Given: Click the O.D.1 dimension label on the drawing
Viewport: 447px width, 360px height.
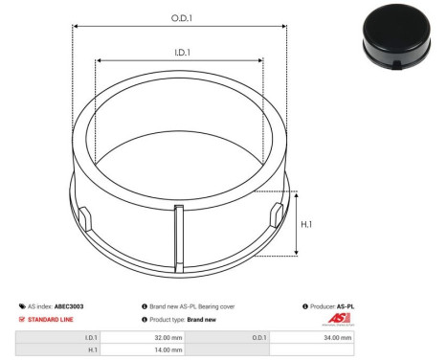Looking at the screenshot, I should coord(179,18).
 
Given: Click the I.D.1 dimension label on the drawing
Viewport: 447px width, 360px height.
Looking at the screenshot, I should coord(179,54).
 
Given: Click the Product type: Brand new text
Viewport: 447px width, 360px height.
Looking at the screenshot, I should coord(183,319).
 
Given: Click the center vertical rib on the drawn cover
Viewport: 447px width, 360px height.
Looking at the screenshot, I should coord(177,238).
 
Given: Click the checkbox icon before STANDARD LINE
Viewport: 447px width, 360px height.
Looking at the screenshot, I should coord(22,319).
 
